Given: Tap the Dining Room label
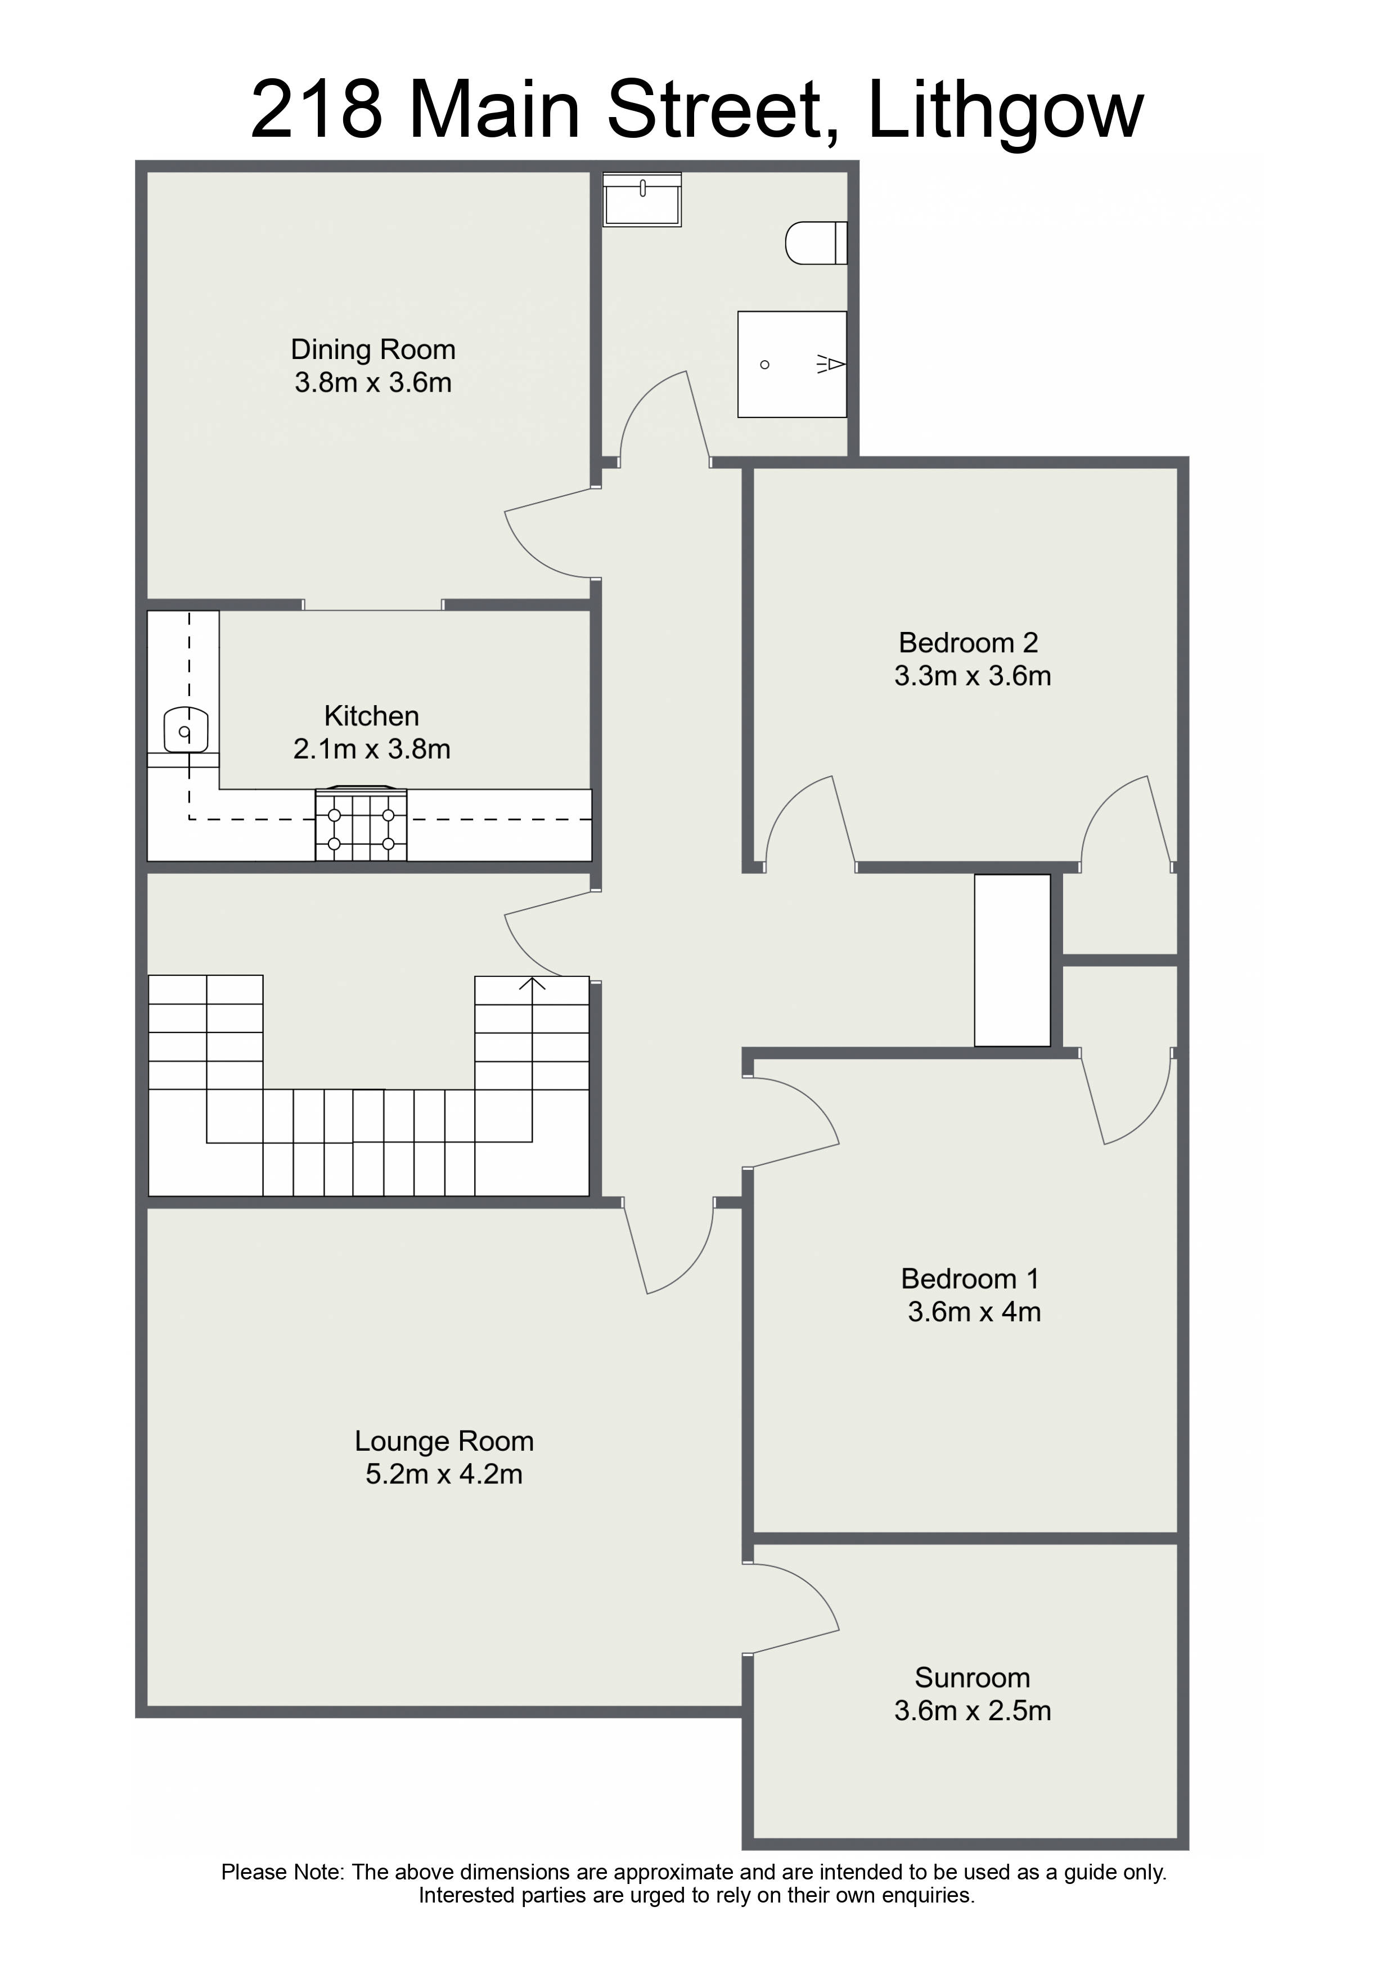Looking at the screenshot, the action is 373,350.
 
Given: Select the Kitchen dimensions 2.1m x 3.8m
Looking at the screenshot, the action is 372,750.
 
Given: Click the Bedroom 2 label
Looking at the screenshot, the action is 969,643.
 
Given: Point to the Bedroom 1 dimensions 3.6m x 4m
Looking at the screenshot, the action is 975,1312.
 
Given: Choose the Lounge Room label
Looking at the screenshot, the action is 444,1441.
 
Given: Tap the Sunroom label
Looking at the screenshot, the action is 972,1677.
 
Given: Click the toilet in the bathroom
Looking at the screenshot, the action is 817,243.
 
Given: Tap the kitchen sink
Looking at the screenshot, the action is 186,729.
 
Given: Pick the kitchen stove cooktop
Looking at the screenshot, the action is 361,824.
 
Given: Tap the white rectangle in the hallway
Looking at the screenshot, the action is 1012,961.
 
